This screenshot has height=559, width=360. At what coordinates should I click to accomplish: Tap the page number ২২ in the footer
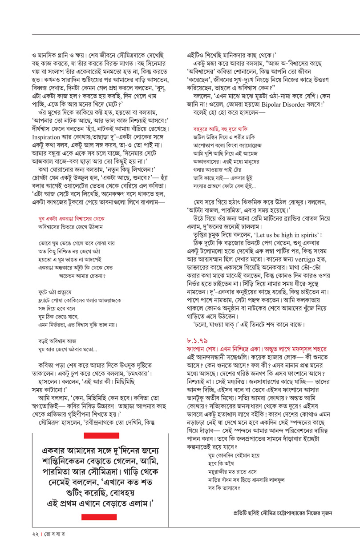(29, 543)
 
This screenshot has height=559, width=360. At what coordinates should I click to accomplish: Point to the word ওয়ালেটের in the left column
(85, 194)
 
